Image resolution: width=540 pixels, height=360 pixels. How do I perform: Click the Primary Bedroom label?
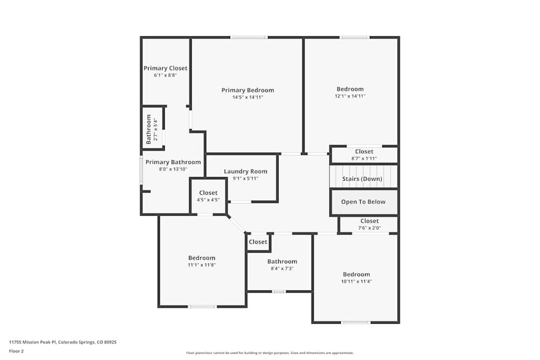point(248,90)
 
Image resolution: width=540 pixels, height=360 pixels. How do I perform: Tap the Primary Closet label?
point(165,68)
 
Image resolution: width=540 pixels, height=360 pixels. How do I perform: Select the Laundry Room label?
point(246,171)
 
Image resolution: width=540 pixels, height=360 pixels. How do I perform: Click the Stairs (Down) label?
point(362,179)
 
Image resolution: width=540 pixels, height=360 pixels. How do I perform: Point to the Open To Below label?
point(363,202)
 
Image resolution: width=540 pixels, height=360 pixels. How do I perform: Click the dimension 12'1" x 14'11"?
point(350,96)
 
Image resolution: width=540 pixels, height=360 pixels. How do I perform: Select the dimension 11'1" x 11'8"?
point(201,265)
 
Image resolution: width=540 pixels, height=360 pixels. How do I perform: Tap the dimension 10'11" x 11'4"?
point(356,281)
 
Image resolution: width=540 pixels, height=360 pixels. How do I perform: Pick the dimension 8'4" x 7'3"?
point(282,268)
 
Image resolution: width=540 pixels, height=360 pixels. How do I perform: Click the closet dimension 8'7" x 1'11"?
point(363,159)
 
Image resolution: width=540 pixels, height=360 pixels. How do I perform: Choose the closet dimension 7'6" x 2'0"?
point(369,228)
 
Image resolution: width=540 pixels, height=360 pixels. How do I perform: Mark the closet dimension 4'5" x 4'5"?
point(208,200)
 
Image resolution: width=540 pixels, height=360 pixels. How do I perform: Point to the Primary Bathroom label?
point(173,162)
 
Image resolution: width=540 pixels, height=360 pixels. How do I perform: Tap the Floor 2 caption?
point(16,351)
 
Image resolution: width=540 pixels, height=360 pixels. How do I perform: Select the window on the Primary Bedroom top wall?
point(249,37)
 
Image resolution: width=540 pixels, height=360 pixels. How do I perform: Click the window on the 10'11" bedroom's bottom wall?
point(356,322)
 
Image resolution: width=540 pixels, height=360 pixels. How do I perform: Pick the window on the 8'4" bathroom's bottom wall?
point(279,291)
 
